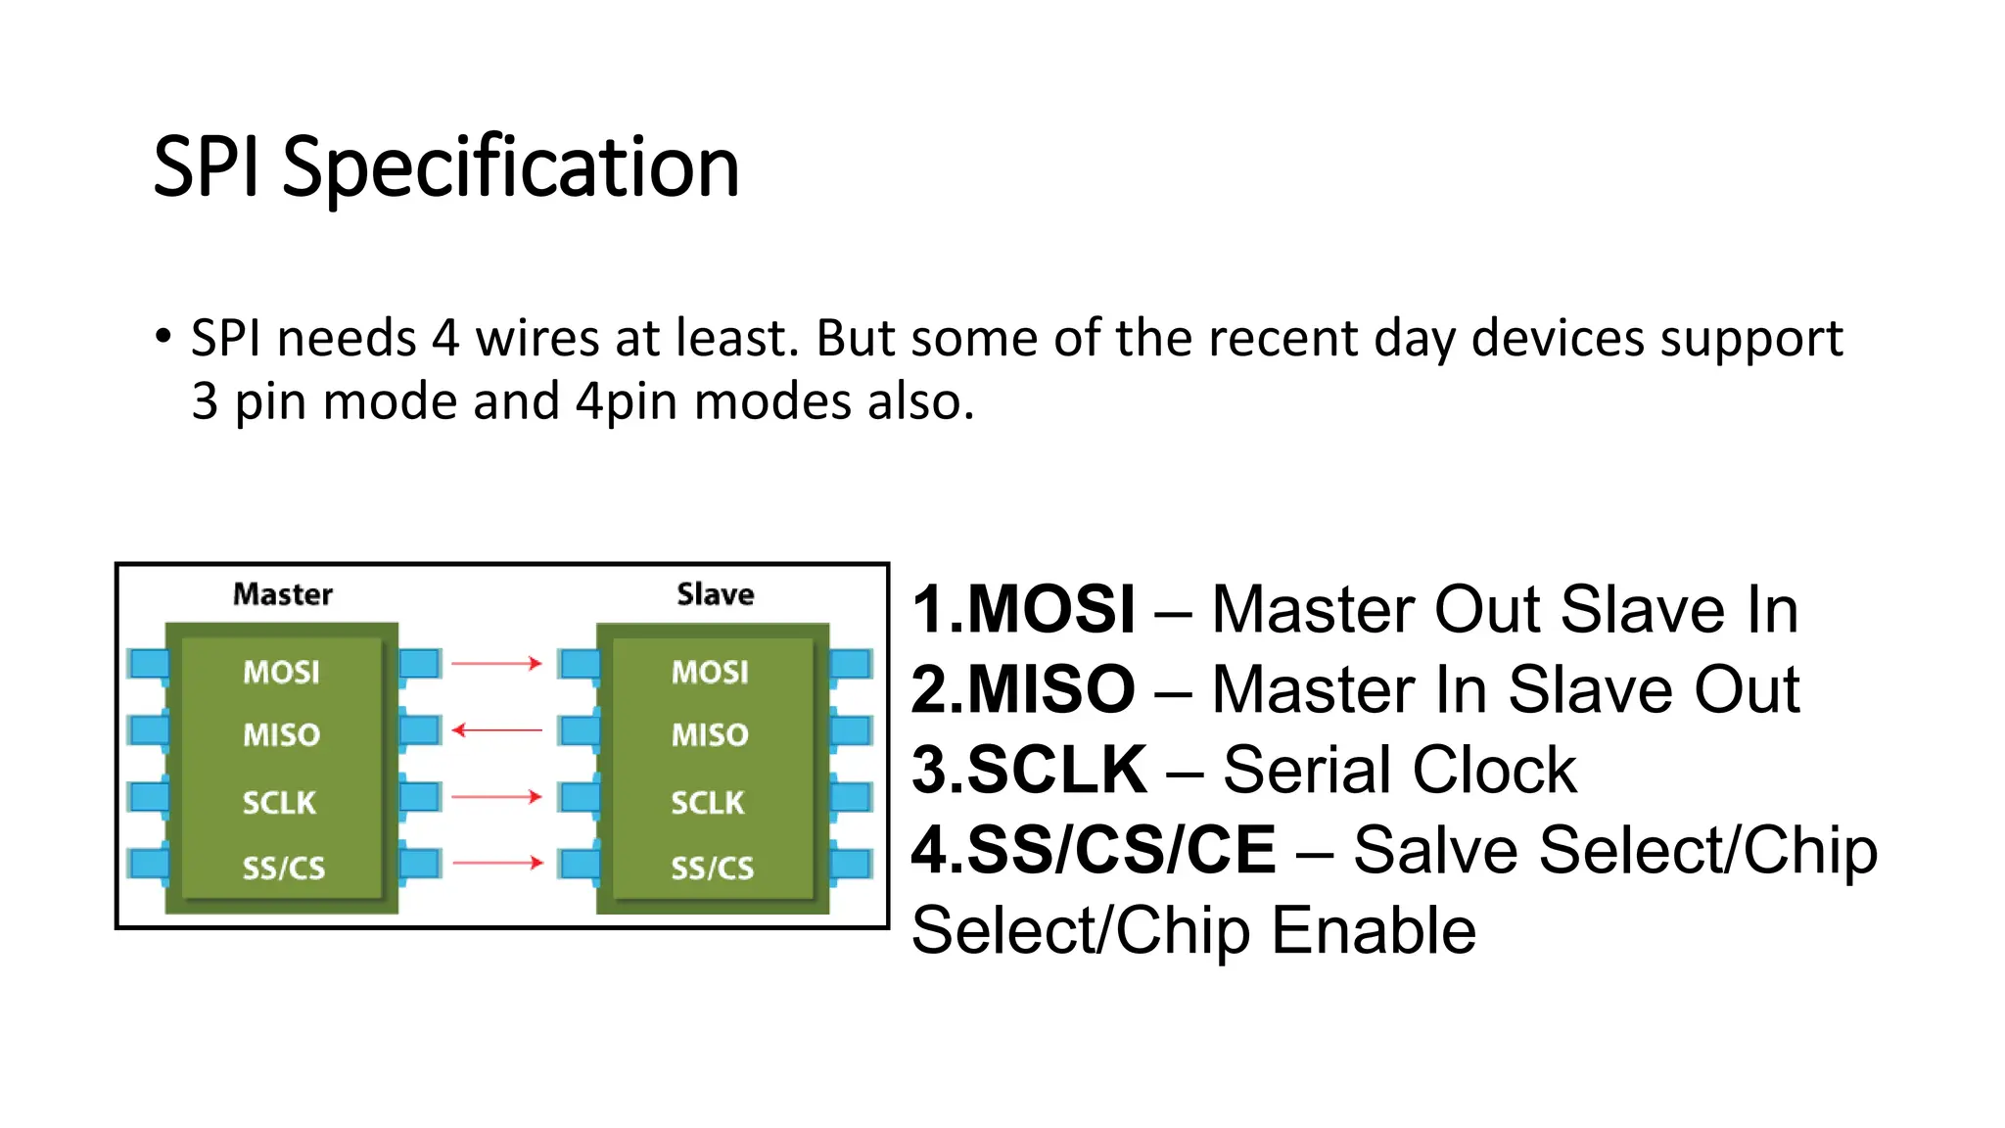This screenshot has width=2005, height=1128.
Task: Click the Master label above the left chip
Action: [x=283, y=594]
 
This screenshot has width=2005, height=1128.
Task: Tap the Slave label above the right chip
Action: [x=716, y=594]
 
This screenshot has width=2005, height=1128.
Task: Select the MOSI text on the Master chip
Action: [x=282, y=672]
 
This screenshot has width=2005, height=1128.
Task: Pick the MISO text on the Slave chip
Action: [x=710, y=734]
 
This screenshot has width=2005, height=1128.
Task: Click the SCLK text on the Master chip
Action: [x=280, y=803]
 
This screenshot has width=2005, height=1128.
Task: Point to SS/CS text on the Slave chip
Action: [x=712, y=868]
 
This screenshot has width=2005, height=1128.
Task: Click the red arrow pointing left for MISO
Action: [x=496, y=730]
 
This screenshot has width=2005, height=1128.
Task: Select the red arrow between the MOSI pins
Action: [x=496, y=664]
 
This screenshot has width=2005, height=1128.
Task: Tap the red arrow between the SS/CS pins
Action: [x=496, y=863]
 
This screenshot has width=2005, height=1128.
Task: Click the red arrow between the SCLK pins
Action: [x=496, y=797]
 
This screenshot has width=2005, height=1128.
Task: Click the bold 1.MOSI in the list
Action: [x=1023, y=610]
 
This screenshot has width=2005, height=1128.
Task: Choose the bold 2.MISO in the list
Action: [x=1023, y=689]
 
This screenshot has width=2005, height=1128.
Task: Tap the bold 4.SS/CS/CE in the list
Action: [x=1094, y=849]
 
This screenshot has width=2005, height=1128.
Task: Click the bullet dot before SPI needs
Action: [x=163, y=337]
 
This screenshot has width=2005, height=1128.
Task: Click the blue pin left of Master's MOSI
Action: [x=148, y=664]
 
